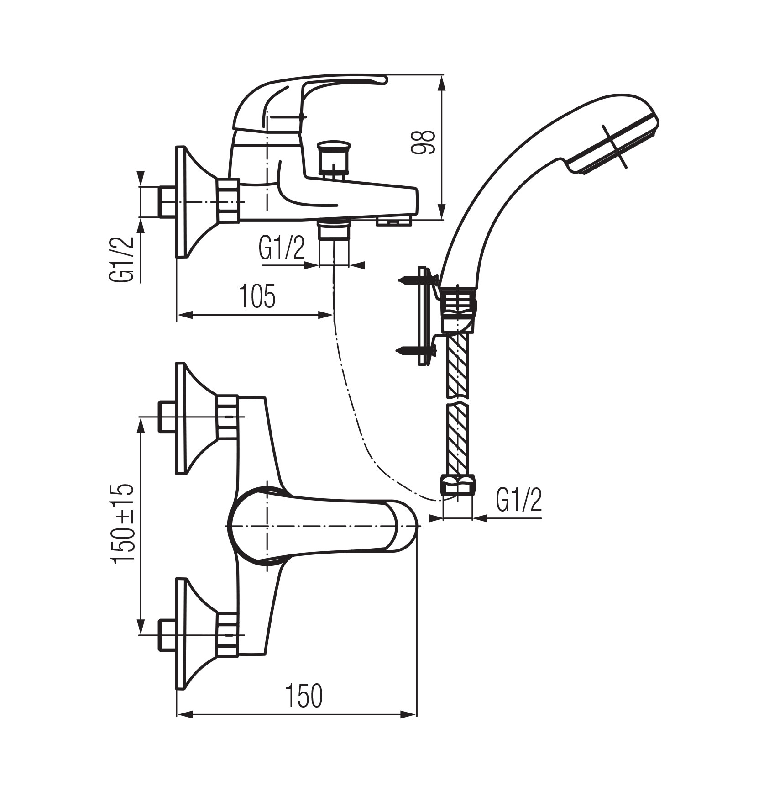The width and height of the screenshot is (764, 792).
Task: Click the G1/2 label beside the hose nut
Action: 519,501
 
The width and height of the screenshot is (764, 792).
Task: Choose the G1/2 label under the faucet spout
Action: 281,249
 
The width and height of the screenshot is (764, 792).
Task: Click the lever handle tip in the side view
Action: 379,81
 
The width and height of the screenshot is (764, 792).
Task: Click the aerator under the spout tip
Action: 393,222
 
